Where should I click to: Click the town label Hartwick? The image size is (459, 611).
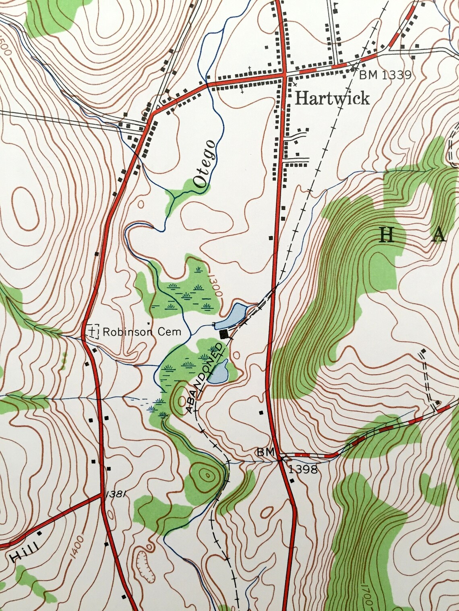(x=332, y=98)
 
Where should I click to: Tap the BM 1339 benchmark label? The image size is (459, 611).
(x=385, y=75)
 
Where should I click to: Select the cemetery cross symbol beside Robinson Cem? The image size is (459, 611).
(x=93, y=331)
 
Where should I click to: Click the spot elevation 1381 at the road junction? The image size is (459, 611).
(x=115, y=494)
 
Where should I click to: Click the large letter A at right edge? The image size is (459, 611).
(x=439, y=236)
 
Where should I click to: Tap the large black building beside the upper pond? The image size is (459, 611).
(x=224, y=334)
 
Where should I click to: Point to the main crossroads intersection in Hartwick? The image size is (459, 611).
(x=284, y=75)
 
